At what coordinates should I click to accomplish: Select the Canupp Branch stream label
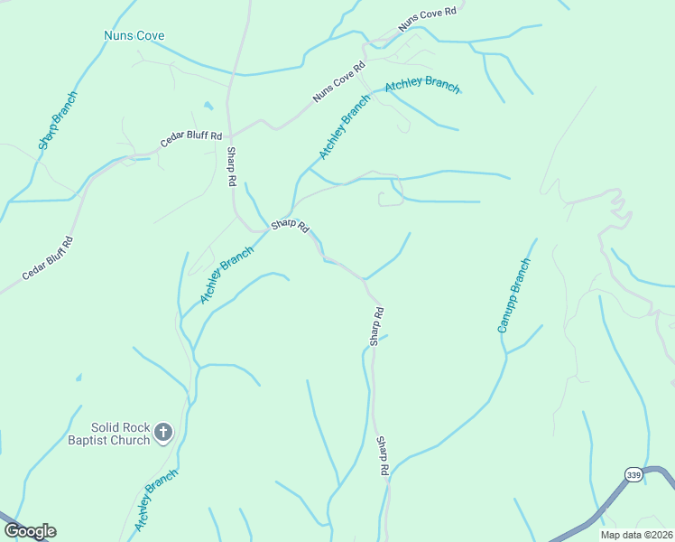pos(513,295)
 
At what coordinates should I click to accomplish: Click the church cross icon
pos(163,433)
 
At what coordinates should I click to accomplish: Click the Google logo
pos(30,531)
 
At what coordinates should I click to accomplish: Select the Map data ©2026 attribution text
pos(635,535)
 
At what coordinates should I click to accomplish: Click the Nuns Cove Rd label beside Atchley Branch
pos(339,81)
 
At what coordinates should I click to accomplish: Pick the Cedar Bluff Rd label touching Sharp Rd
pos(190,140)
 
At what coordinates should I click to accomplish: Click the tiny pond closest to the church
pos(79,377)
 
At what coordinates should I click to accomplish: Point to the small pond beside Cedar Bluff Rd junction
pos(208,105)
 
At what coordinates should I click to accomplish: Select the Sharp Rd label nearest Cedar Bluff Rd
pos(232,166)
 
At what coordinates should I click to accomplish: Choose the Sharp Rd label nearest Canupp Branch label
pos(377,325)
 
